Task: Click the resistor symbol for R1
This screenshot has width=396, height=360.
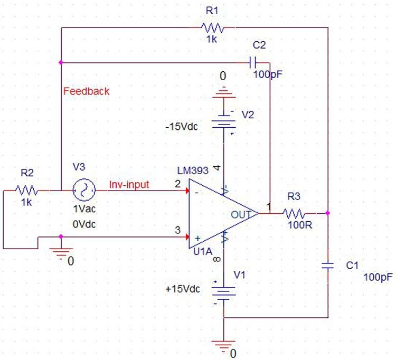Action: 212,27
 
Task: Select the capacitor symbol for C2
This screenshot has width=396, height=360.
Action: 252,63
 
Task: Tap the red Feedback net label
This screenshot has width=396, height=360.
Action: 87,91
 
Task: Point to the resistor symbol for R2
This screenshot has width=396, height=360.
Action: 27,189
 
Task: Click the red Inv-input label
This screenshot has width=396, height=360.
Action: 129,185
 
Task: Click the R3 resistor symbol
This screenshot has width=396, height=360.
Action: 294,214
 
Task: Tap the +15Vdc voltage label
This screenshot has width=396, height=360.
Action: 183,290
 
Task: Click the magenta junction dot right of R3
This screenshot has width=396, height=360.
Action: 328,214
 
